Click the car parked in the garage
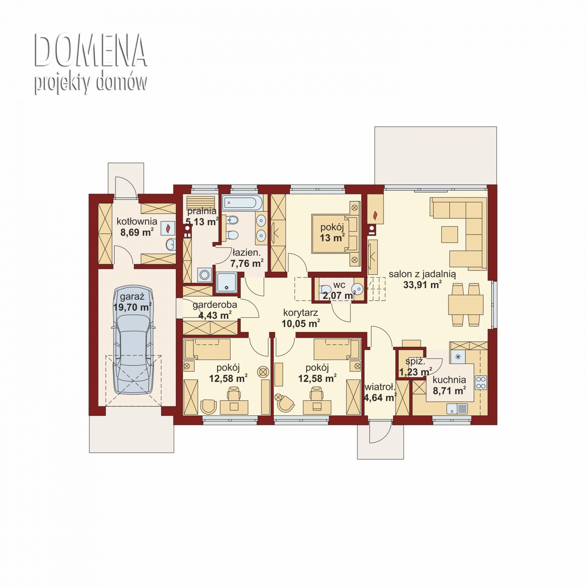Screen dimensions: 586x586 133,340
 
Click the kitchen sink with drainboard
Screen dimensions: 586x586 457,409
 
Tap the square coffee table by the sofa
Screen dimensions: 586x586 450,234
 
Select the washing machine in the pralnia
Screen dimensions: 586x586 204,275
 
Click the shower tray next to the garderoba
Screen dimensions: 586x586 227,283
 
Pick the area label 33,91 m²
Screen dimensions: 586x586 422,285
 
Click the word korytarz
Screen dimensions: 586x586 300,313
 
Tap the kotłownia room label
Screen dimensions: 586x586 137,221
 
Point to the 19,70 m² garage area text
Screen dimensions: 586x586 132,307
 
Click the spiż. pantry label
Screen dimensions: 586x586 415,361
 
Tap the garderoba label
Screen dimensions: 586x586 215,305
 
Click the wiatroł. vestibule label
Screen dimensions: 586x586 380,387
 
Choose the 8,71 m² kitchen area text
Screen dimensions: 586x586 449,391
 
